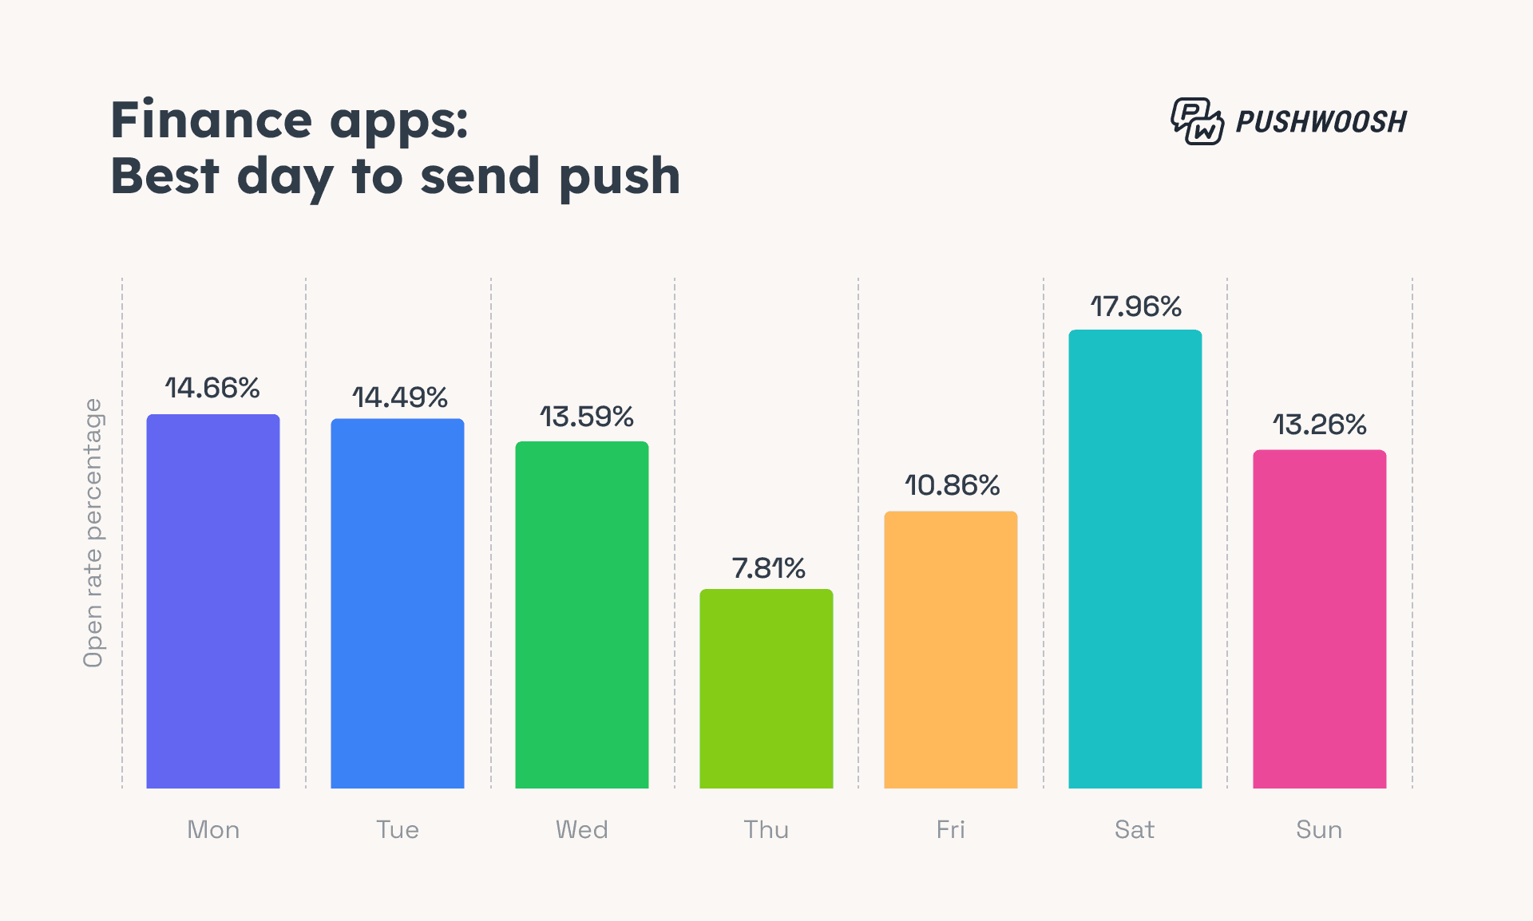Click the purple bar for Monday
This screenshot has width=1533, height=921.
point(213,601)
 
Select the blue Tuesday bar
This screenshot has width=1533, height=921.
point(398,603)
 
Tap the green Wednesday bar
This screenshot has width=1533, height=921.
point(582,615)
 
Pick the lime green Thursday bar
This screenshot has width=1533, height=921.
point(766,689)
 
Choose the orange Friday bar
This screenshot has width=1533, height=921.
point(951,650)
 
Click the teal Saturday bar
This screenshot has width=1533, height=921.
point(1135,559)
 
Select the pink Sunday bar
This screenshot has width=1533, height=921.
point(1320,619)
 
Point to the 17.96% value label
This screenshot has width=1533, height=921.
point(1135,306)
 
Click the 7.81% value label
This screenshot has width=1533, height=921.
point(768,568)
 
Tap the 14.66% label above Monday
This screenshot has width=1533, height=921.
point(212,388)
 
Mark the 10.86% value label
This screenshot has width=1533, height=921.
point(952,485)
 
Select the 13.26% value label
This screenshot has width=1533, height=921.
point(1319,425)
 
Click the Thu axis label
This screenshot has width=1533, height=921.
point(766,830)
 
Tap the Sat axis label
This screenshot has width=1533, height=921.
point(1135,830)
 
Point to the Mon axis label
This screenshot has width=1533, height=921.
point(213,830)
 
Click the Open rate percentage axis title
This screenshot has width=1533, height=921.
point(93,533)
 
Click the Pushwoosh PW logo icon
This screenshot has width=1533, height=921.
point(1197,121)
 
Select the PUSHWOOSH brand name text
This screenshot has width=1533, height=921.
point(1321,122)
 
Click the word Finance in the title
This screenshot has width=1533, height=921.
point(211,121)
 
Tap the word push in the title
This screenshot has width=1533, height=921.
point(619,177)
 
